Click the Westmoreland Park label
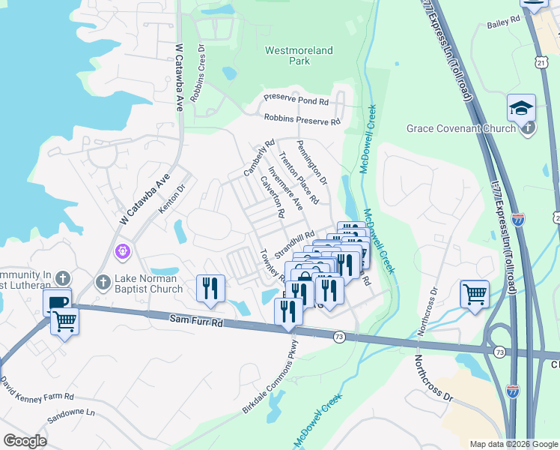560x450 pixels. point(299,55)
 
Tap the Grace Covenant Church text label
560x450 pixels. point(460,128)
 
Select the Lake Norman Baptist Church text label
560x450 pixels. point(148,283)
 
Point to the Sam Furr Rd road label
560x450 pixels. point(196,322)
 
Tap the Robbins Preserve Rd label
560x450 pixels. point(302,119)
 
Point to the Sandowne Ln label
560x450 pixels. point(70,412)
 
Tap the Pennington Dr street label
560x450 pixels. point(311,162)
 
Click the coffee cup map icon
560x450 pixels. point(57,301)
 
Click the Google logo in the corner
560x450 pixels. point(25,441)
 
